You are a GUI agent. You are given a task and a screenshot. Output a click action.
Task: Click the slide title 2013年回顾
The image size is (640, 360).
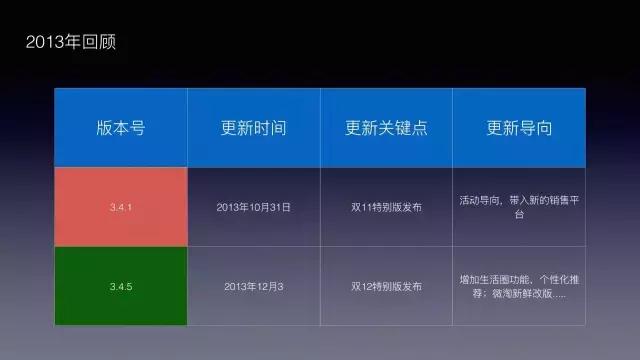tap(74, 43)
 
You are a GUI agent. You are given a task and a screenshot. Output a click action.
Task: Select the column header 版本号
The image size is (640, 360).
tap(121, 128)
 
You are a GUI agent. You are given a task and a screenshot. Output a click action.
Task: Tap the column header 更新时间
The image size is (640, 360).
tap(254, 128)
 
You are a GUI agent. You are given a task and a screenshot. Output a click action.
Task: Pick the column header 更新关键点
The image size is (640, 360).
tap(386, 128)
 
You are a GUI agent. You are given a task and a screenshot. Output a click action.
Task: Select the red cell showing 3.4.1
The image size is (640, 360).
tap(121, 207)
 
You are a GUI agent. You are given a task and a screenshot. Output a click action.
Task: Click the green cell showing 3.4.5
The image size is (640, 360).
tap(121, 286)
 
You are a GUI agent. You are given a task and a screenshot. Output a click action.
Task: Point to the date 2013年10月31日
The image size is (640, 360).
tap(254, 207)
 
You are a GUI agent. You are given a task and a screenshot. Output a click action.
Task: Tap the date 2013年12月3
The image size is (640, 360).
tap(254, 286)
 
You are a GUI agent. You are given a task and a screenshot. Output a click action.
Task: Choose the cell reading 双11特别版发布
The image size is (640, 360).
tap(387, 207)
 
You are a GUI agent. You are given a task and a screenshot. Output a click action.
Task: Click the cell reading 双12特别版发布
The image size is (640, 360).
tap(387, 286)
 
